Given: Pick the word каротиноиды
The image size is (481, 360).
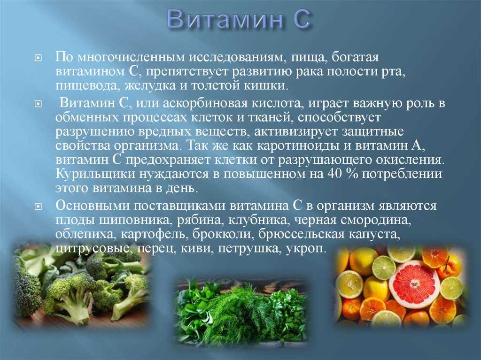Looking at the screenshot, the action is tap(297, 146).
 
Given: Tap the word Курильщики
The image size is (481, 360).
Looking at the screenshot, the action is tap(95, 174).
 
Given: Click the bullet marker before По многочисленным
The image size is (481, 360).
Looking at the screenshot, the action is tap(38, 58).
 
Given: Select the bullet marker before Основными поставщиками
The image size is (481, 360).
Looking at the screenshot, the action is tap(38, 207).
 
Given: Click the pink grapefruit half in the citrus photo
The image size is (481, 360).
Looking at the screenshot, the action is tap(414, 283).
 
